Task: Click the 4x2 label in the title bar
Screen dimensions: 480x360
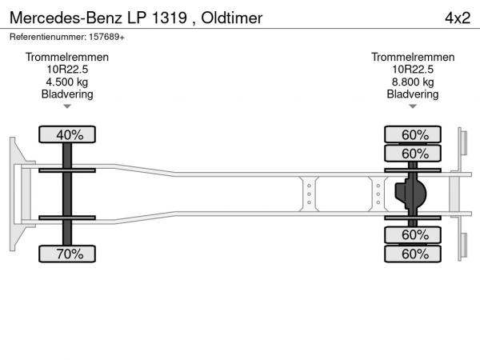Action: click(x=458, y=18)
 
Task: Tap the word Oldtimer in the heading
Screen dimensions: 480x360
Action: click(x=232, y=18)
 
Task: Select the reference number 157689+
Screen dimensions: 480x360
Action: click(x=106, y=37)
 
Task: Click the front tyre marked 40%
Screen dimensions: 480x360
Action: click(x=67, y=134)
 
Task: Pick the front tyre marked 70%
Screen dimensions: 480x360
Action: click(x=67, y=254)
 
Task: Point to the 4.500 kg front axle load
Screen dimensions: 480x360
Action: click(x=67, y=82)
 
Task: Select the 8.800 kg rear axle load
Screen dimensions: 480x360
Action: click(x=413, y=82)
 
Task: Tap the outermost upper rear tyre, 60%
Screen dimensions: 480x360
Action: click(x=413, y=134)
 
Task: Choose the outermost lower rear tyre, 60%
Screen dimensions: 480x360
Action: click(x=413, y=254)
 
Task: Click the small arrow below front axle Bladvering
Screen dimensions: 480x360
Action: click(x=67, y=106)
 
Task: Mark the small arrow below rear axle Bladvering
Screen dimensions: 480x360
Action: click(x=413, y=106)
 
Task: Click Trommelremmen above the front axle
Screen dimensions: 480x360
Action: click(x=67, y=58)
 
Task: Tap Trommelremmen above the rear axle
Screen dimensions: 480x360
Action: click(x=413, y=58)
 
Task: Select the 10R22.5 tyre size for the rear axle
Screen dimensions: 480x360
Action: click(x=413, y=70)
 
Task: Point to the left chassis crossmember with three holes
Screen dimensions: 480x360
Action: click(x=309, y=194)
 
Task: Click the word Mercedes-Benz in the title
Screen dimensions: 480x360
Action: click(x=66, y=18)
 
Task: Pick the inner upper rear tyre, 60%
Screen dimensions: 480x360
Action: click(x=413, y=154)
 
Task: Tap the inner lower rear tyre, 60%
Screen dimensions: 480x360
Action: click(x=413, y=235)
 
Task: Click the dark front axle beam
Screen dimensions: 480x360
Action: click(x=67, y=194)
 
